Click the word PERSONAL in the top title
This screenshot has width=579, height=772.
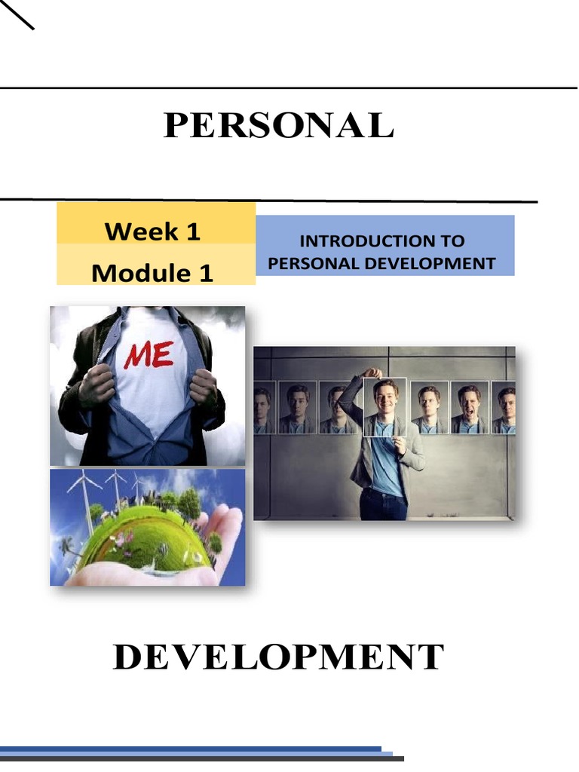(278, 126)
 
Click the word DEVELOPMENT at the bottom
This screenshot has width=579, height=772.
(278, 657)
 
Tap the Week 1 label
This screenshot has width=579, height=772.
(153, 231)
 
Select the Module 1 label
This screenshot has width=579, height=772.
(152, 272)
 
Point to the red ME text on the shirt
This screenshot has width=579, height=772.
(149, 354)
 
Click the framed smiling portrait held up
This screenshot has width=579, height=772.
(384, 407)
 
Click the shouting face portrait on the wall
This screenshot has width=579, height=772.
(469, 407)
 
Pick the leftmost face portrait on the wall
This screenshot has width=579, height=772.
(262, 407)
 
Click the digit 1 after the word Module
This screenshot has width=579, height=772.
(206, 272)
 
